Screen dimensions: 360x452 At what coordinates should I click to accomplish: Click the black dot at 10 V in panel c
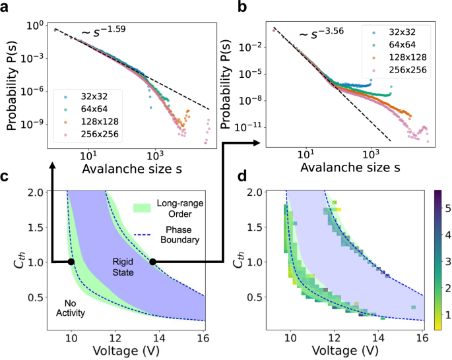(x=71, y=262)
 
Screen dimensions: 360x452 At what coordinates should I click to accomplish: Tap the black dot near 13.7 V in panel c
(x=152, y=262)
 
